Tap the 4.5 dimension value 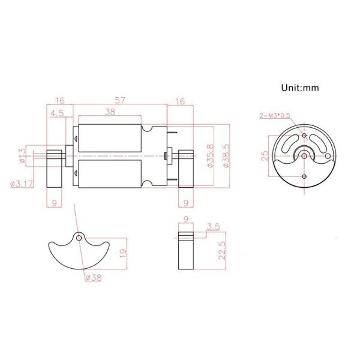[x=58, y=113]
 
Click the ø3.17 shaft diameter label [x=22, y=184]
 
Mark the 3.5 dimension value [x=212, y=227]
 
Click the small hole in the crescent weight [x=79, y=238]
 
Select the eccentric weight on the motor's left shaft [x=55, y=168]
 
